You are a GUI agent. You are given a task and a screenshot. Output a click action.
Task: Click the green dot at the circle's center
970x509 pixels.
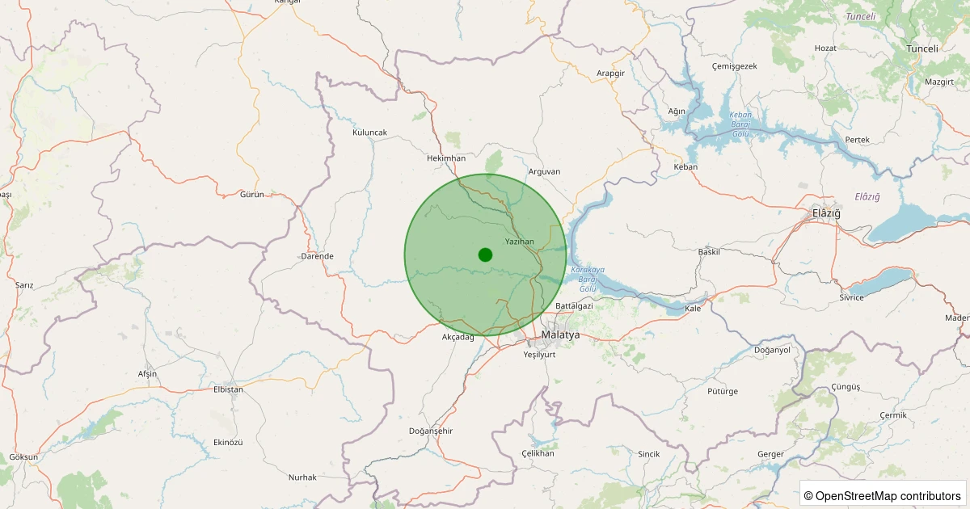coord(485,254)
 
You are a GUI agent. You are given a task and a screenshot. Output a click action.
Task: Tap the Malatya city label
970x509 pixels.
coord(561,334)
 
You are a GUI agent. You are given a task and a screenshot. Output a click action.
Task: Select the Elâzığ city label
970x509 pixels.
coord(826,213)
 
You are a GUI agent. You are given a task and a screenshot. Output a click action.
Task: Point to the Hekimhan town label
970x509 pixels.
coord(446,158)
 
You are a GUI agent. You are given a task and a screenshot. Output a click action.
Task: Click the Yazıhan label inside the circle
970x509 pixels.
coord(519,242)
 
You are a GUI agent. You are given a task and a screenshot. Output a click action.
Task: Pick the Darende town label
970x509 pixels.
coord(317,256)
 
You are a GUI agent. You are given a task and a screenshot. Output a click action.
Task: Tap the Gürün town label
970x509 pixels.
coord(252,195)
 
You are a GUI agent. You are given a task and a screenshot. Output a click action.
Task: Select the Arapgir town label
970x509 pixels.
coord(611,73)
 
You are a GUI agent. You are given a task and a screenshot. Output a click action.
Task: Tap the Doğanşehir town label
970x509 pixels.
coord(432,430)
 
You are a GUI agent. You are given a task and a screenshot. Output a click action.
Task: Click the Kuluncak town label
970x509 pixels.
coord(370,132)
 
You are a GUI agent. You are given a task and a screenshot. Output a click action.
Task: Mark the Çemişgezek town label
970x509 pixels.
coord(734,66)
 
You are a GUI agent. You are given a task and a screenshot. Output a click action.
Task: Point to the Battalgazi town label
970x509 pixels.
coord(574,305)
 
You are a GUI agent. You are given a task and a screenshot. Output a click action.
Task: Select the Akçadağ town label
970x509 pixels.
coord(458,337)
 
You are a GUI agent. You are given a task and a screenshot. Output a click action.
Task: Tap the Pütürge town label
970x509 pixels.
coord(723,391)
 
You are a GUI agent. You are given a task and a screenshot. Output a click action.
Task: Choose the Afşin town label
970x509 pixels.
coord(147,374)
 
